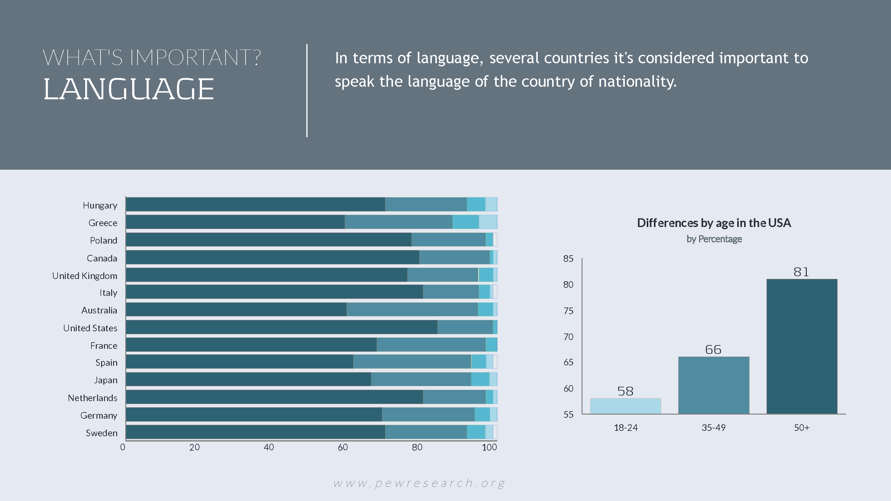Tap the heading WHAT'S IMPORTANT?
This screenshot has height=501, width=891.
click(x=152, y=57)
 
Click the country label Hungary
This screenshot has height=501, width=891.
click(x=100, y=206)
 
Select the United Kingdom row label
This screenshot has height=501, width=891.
click(x=84, y=276)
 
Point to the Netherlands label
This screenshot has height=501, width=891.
click(x=92, y=398)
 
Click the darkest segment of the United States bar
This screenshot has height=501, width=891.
click(x=282, y=327)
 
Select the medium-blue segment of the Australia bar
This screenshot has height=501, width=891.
click(x=412, y=309)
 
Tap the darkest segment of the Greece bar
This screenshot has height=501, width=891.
click(x=235, y=222)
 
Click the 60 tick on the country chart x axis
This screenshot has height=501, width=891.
click(x=343, y=447)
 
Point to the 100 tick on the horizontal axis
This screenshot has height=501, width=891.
click(x=489, y=447)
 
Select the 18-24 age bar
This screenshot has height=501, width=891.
click(x=625, y=406)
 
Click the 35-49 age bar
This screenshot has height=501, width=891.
click(x=714, y=385)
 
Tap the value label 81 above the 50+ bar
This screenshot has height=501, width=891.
click(x=801, y=272)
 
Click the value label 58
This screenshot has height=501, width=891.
click(x=625, y=391)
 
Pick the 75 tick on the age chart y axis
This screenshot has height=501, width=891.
click(x=568, y=311)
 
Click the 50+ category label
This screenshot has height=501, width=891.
click(x=802, y=428)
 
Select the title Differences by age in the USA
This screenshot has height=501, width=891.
click(x=714, y=223)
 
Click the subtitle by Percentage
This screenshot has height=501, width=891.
click(x=714, y=239)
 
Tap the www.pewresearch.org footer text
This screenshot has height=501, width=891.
click(x=419, y=483)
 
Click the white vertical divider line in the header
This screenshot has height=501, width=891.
click(x=307, y=91)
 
